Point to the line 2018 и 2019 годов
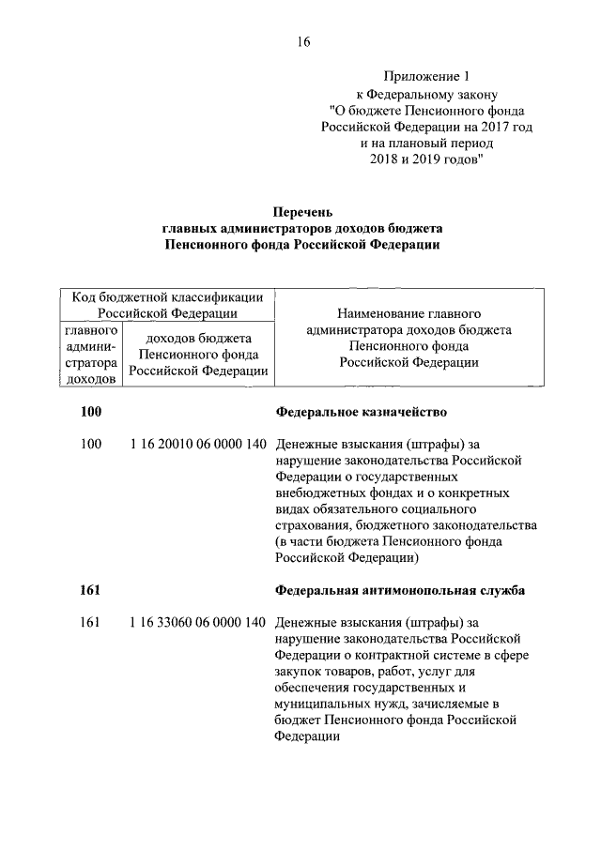[x=425, y=161]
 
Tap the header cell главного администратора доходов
[x=90, y=355]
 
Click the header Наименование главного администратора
[x=408, y=311]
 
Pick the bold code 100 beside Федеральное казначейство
[x=91, y=412]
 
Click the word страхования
[x=316, y=525]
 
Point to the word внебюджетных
[x=321, y=493]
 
